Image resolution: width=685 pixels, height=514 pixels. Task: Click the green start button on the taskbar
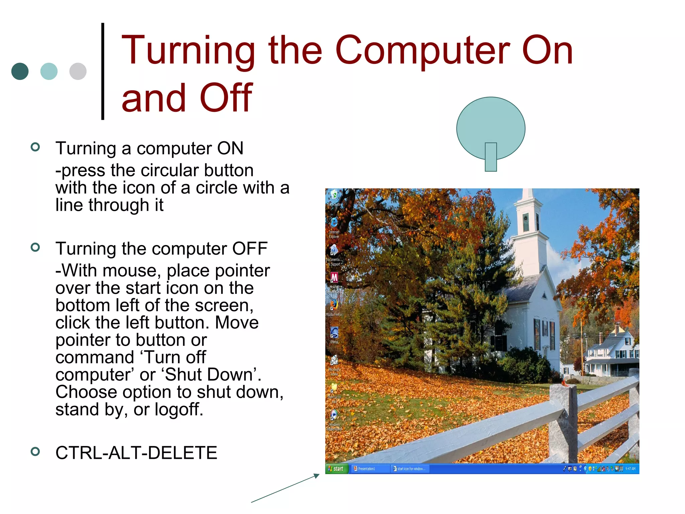pyautogui.click(x=336, y=469)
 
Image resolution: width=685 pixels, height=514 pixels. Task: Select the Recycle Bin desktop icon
pyautogui.click(x=334, y=195)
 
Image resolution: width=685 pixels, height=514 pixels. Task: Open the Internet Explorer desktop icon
pyautogui.click(x=334, y=222)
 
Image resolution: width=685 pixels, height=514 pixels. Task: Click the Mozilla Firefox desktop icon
pyautogui.click(x=334, y=305)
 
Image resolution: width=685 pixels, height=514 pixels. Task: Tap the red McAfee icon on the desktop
pyautogui.click(x=334, y=277)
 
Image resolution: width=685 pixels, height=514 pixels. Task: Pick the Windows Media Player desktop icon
pyautogui.click(x=334, y=415)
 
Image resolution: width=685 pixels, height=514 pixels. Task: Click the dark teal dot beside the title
pyautogui.click(x=20, y=71)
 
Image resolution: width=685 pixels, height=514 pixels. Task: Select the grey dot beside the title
pyautogui.click(x=78, y=71)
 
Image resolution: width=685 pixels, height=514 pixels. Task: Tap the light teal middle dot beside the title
pyautogui.click(x=49, y=71)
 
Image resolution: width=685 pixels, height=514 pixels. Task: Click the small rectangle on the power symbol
pyautogui.click(x=491, y=157)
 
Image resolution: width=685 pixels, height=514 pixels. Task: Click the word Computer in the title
pyautogui.click(x=422, y=50)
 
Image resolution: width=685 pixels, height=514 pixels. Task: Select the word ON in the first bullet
pyautogui.click(x=230, y=148)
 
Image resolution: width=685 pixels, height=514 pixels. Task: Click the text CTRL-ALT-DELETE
pyautogui.click(x=136, y=453)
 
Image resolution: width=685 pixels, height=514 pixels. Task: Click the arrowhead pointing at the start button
pyautogui.click(x=317, y=475)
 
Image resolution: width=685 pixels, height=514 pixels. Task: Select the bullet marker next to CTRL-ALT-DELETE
pyautogui.click(x=35, y=451)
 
